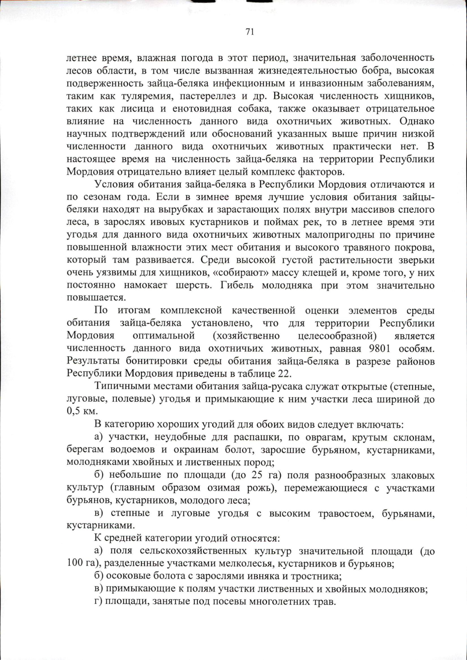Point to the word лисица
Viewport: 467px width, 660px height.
(x=148, y=108)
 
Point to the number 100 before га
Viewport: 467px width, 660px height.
(x=74, y=564)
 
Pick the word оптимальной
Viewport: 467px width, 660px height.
(x=163, y=335)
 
